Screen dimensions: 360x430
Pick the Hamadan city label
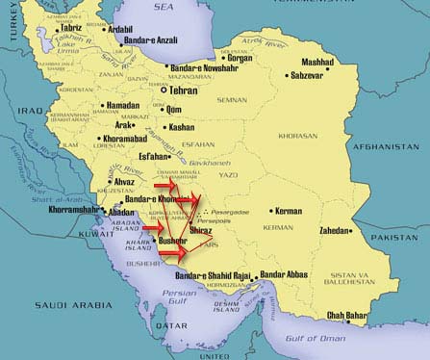point(121,105)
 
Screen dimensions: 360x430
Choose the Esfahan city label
point(153,156)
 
